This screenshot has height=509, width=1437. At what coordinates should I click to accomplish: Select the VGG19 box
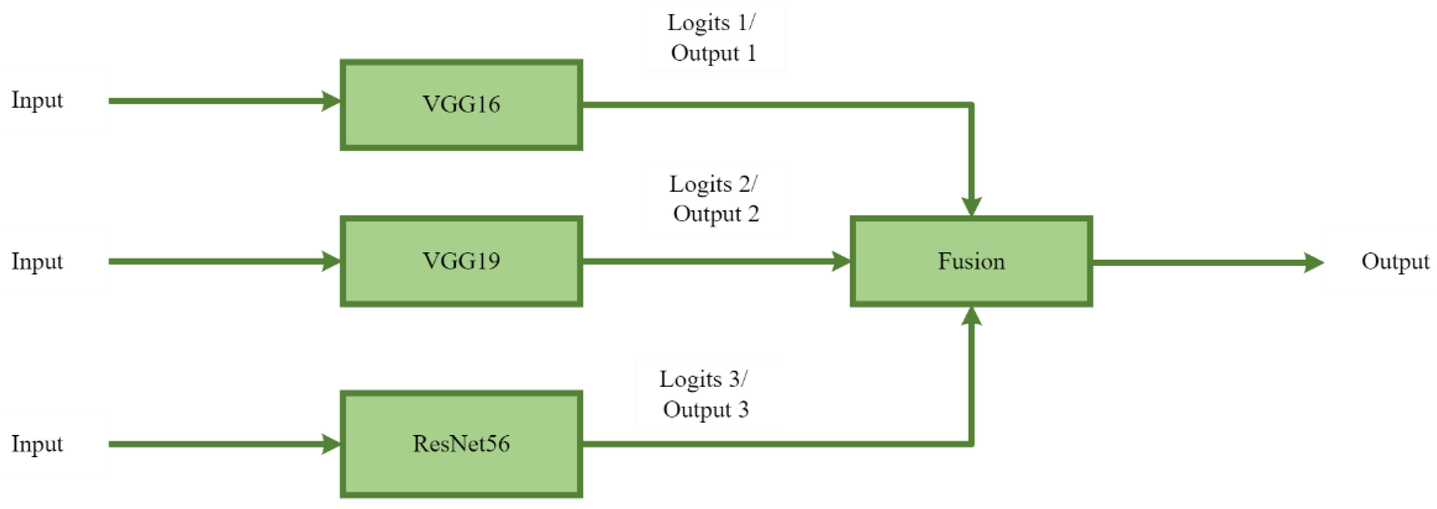click(461, 261)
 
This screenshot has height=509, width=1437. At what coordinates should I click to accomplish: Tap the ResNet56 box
click(461, 444)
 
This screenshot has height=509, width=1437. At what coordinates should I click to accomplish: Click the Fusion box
click(971, 261)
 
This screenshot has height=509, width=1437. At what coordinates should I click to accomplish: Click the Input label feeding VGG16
click(37, 100)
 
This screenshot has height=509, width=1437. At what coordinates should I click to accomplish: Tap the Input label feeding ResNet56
click(37, 444)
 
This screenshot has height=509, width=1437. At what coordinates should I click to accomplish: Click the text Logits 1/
click(711, 23)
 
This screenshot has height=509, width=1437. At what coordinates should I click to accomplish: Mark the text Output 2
click(716, 214)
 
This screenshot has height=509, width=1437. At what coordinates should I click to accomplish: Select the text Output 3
click(706, 410)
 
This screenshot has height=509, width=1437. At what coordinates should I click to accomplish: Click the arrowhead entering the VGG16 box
click(331, 101)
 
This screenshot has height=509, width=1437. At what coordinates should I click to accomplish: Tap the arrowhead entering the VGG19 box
click(331, 261)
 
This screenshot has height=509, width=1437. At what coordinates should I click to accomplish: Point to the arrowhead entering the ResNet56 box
click(331, 444)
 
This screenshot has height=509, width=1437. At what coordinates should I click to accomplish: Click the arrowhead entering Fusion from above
click(971, 206)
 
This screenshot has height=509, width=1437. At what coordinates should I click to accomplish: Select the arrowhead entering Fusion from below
click(971, 316)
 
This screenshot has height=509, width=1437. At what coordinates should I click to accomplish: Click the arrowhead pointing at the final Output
click(1313, 262)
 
